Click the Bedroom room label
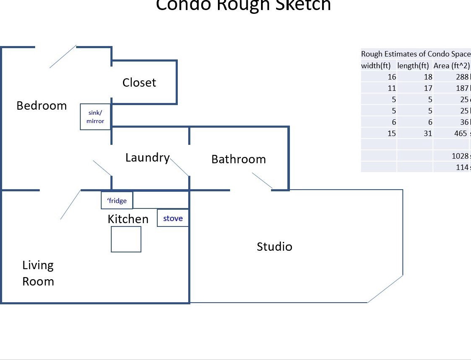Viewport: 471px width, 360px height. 41,105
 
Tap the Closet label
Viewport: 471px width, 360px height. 139,82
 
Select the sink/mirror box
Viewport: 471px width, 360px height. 95,117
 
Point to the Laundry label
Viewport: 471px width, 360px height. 147,157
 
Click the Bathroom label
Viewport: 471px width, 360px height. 238,159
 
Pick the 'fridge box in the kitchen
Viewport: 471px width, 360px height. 117,201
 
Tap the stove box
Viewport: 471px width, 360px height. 173,218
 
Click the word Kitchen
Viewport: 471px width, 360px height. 128,219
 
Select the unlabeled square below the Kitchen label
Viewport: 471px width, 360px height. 126,239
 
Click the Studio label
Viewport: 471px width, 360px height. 274,247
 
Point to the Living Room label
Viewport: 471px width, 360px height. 38,273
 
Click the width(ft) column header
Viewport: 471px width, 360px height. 376,66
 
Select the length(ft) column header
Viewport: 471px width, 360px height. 413,66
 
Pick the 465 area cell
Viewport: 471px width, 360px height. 461,134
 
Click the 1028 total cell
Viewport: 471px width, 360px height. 460,156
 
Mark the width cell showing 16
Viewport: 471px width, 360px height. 392,77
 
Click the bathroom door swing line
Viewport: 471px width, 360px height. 262,180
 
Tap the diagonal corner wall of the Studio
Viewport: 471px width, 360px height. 385,288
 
